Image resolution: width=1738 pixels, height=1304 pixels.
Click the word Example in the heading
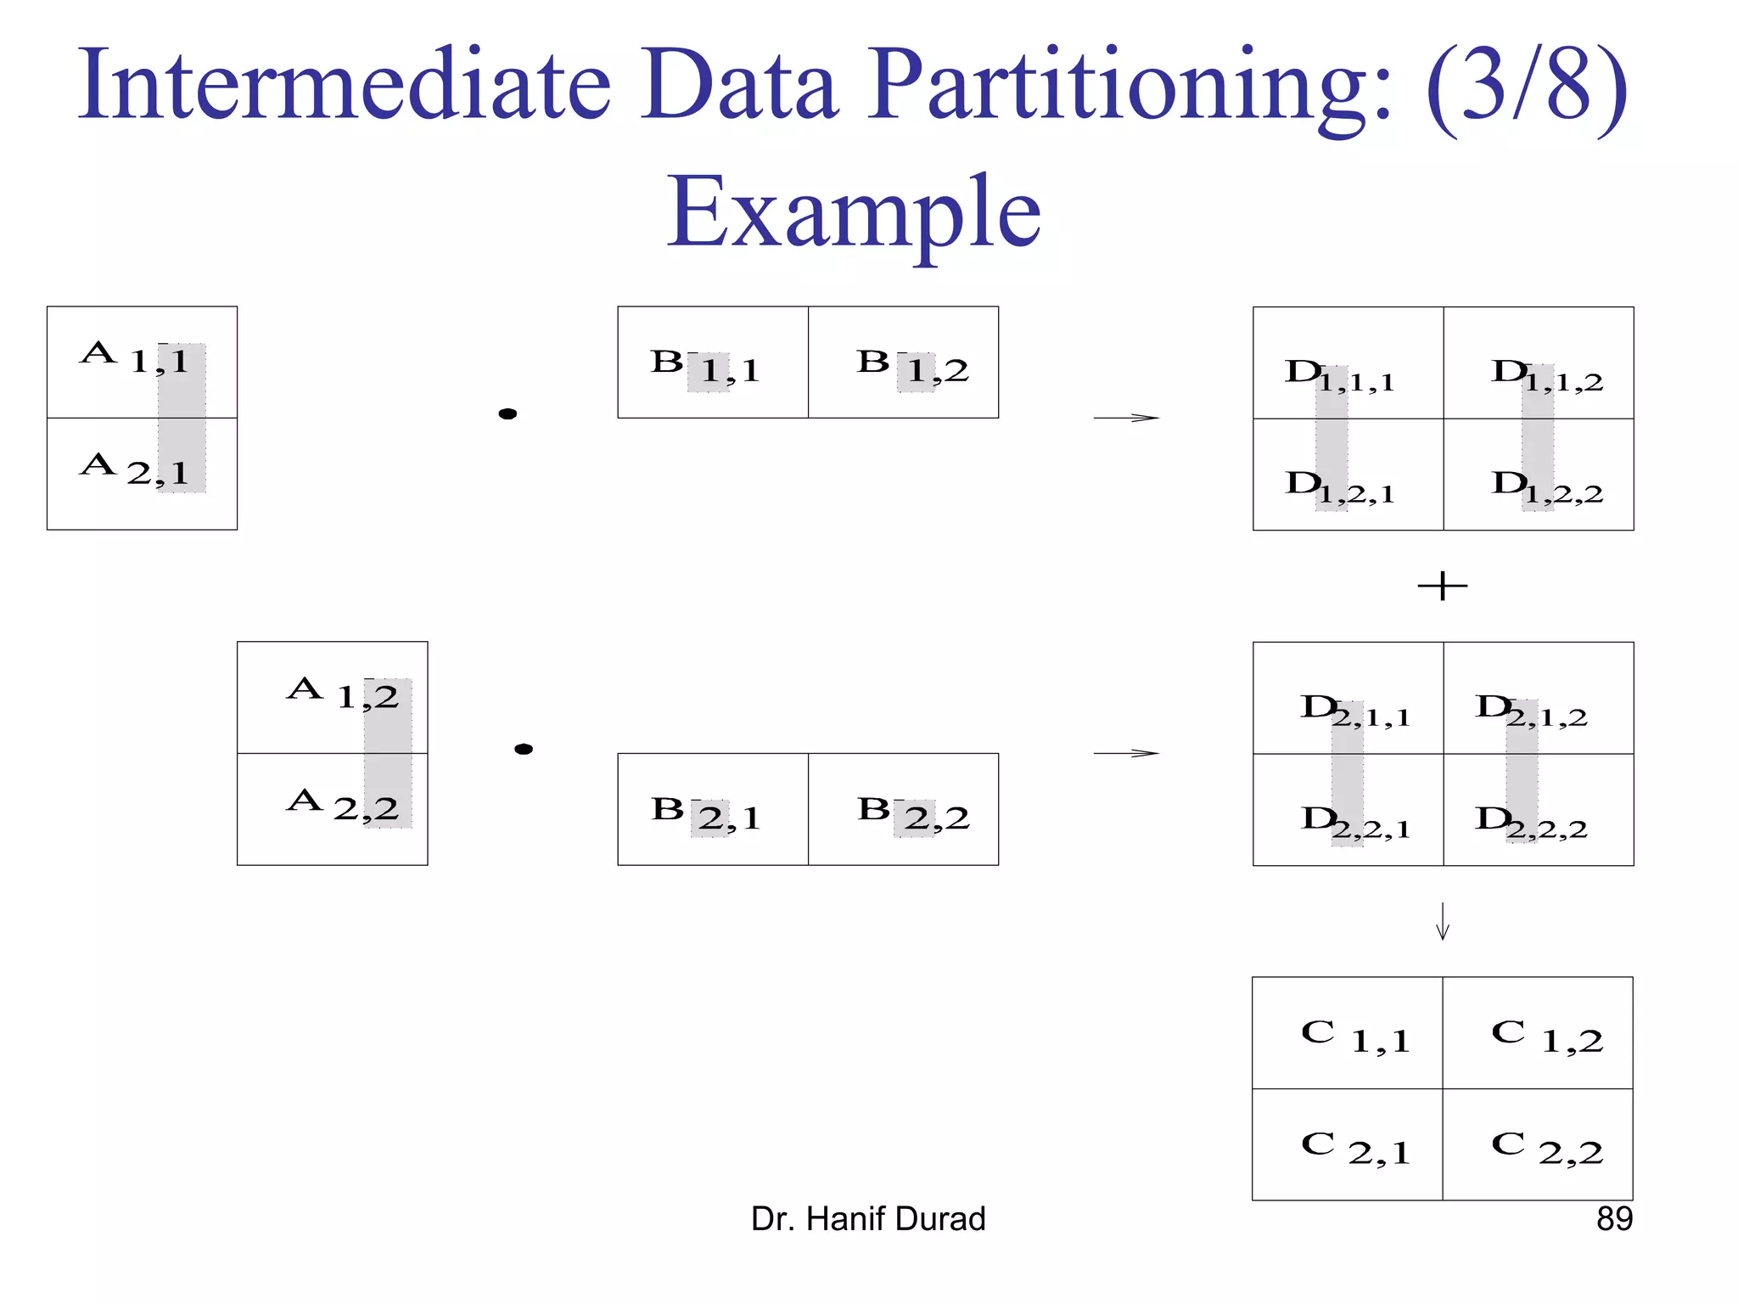[854, 212]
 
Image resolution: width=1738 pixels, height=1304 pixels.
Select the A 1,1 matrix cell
[142, 362]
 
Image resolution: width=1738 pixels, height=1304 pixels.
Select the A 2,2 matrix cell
[332, 808]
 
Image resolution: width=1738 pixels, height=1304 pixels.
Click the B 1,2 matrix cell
[903, 363]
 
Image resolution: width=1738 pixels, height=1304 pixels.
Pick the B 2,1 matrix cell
[713, 809]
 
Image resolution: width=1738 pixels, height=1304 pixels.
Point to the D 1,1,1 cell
[1348, 363]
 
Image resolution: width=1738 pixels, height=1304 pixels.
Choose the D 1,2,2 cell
[1538, 475]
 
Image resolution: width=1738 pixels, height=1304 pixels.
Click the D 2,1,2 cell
[1538, 698]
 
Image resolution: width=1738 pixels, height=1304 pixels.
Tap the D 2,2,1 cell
[1348, 810]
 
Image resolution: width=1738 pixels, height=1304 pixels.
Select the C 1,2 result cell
[1538, 1033]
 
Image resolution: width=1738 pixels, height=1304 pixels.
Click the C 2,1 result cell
[1348, 1144]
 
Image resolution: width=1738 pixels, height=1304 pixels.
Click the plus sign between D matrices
[1443, 587]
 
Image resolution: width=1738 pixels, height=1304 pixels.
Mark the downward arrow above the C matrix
[1443, 922]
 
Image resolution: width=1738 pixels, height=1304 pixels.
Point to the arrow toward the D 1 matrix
[1126, 418]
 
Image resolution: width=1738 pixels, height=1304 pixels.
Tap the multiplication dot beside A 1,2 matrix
[524, 749]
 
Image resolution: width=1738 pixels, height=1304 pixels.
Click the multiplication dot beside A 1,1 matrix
[507, 414]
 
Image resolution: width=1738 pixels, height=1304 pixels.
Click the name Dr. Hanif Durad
[868, 1219]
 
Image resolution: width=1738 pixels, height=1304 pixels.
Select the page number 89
[1614, 1219]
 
